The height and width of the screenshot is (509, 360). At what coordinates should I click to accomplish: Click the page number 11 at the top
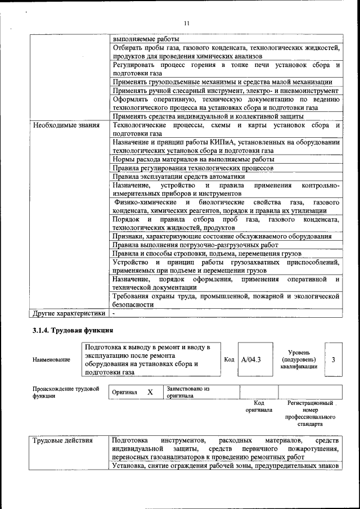coord(187,22)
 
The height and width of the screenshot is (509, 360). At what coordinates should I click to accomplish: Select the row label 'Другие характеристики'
coord(69,313)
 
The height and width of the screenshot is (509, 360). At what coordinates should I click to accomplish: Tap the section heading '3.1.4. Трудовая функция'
coord(73,330)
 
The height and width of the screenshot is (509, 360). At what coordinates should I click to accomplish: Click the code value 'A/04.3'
coord(251,359)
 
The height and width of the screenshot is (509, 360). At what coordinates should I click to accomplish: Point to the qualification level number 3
coord(333,359)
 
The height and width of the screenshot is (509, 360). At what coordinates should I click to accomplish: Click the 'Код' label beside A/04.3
coord(229,359)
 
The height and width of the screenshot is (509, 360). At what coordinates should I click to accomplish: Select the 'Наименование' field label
coord(51,359)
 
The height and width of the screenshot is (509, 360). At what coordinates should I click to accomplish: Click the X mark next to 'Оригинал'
coord(150,392)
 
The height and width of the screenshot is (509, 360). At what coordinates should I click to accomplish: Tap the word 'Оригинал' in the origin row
coord(125,392)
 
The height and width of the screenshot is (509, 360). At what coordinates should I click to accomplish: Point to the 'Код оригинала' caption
coord(259,407)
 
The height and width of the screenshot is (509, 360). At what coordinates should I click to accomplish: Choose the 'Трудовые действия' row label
coord(62,440)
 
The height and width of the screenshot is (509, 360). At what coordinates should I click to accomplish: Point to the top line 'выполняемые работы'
coord(146,39)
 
